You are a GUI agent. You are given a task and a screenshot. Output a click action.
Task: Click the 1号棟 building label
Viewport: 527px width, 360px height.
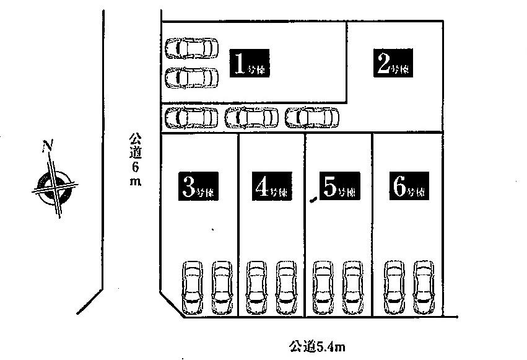tap(250, 63)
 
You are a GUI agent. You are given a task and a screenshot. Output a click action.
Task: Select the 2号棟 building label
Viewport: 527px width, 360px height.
tap(393, 63)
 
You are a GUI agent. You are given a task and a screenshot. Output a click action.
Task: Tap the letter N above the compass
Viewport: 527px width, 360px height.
tap(46, 146)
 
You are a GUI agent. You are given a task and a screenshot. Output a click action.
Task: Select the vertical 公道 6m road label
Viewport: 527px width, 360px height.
tap(134, 159)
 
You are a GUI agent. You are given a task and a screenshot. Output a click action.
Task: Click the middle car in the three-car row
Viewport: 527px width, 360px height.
tap(252, 116)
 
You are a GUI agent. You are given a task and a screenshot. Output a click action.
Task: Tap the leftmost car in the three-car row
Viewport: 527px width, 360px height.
tap(193, 116)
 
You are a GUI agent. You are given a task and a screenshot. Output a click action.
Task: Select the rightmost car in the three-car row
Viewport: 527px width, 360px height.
tap(312, 116)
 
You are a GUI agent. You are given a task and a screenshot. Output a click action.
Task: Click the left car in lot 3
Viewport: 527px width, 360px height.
tap(193, 288)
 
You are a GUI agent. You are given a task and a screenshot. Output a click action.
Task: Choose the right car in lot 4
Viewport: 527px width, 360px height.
tap(286, 288)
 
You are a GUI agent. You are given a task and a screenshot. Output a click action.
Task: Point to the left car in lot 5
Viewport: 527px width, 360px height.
tap(322, 288)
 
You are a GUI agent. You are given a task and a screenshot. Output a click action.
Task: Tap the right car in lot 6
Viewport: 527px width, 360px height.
tap(424, 288)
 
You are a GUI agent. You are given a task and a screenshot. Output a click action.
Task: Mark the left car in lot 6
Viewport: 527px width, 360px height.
tap(394, 288)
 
